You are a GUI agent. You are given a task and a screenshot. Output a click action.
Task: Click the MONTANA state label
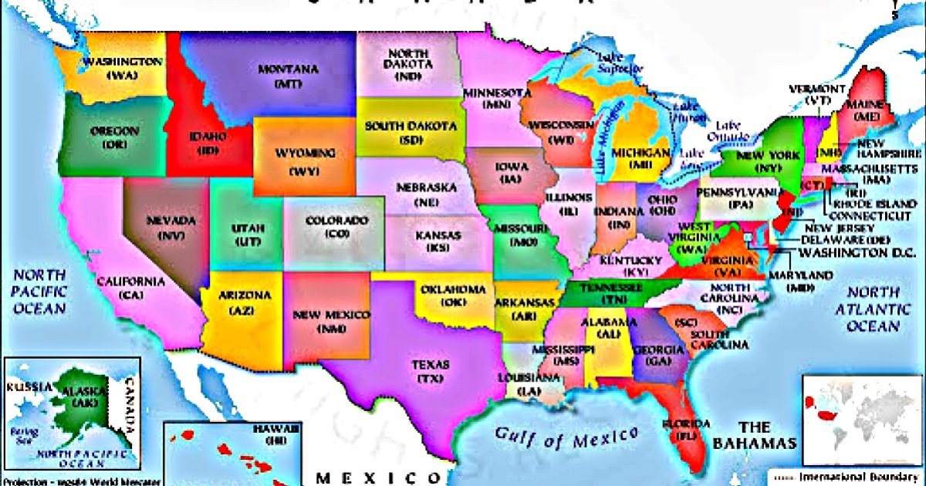pyautogui.click(x=287, y=69)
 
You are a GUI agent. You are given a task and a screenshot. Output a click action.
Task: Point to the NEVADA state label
pyautogui.click(x=171, y=221)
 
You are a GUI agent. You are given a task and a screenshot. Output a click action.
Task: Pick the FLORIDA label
pyautogui.click(x=685, y=425)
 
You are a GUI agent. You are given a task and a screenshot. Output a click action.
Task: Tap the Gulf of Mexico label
pyautogui.click(x=566, y=437)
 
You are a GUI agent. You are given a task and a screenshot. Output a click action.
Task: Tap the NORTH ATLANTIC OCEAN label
pyautogui.click(x=873, y=309)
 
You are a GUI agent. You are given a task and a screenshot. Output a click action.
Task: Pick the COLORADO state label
pyautogui.click(x=336, y=221)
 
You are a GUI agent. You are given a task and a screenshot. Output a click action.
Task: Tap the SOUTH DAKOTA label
pyautogui.click(x=410, y=127)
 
